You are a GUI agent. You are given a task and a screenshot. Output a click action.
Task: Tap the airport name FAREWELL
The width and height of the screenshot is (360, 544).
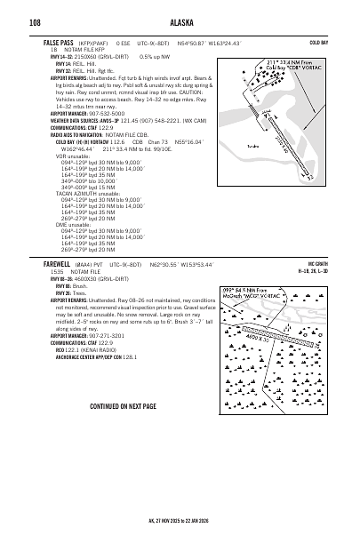click(57, 265)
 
